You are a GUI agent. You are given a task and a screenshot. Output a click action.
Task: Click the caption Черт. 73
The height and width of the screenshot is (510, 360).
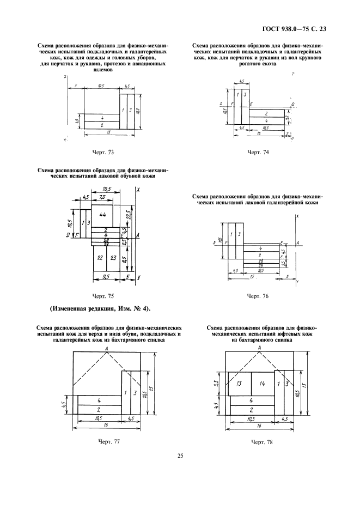click(103, 152)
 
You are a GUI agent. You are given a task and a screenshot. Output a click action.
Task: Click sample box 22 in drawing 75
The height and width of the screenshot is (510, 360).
click(100, 257)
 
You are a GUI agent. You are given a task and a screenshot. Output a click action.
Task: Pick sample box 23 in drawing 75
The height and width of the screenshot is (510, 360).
click(113, 257)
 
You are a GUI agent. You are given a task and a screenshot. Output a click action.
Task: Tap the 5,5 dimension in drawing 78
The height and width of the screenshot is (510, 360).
click(216, 383)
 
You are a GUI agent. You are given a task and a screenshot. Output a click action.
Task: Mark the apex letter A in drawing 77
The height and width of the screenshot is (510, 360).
click(108, 348)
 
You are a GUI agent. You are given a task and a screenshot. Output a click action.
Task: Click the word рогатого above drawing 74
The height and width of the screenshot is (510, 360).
click(251, 63)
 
